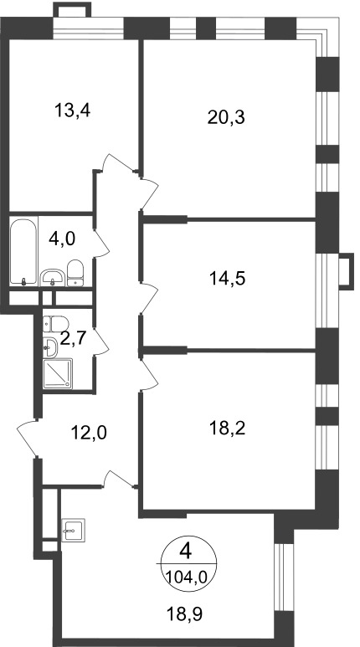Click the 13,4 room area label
coord(72,110)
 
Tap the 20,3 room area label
coord(226,118)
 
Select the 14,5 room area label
coord(227,279)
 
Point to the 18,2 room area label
coord(227,429)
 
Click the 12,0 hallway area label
coord(89,433)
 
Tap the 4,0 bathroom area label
coord(62,239)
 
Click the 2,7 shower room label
coord(73,338)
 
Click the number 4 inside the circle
coord(186,552)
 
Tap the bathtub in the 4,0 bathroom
coord(23,252)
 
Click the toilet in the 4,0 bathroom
coord(75,273)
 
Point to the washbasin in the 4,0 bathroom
coord(53,277)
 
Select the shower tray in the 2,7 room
coord(58,374)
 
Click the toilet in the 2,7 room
coord(55,324)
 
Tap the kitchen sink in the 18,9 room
coord(73,530)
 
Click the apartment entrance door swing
coord(28,439)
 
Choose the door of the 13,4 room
coord(118,163)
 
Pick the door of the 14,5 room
coord(149,298)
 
